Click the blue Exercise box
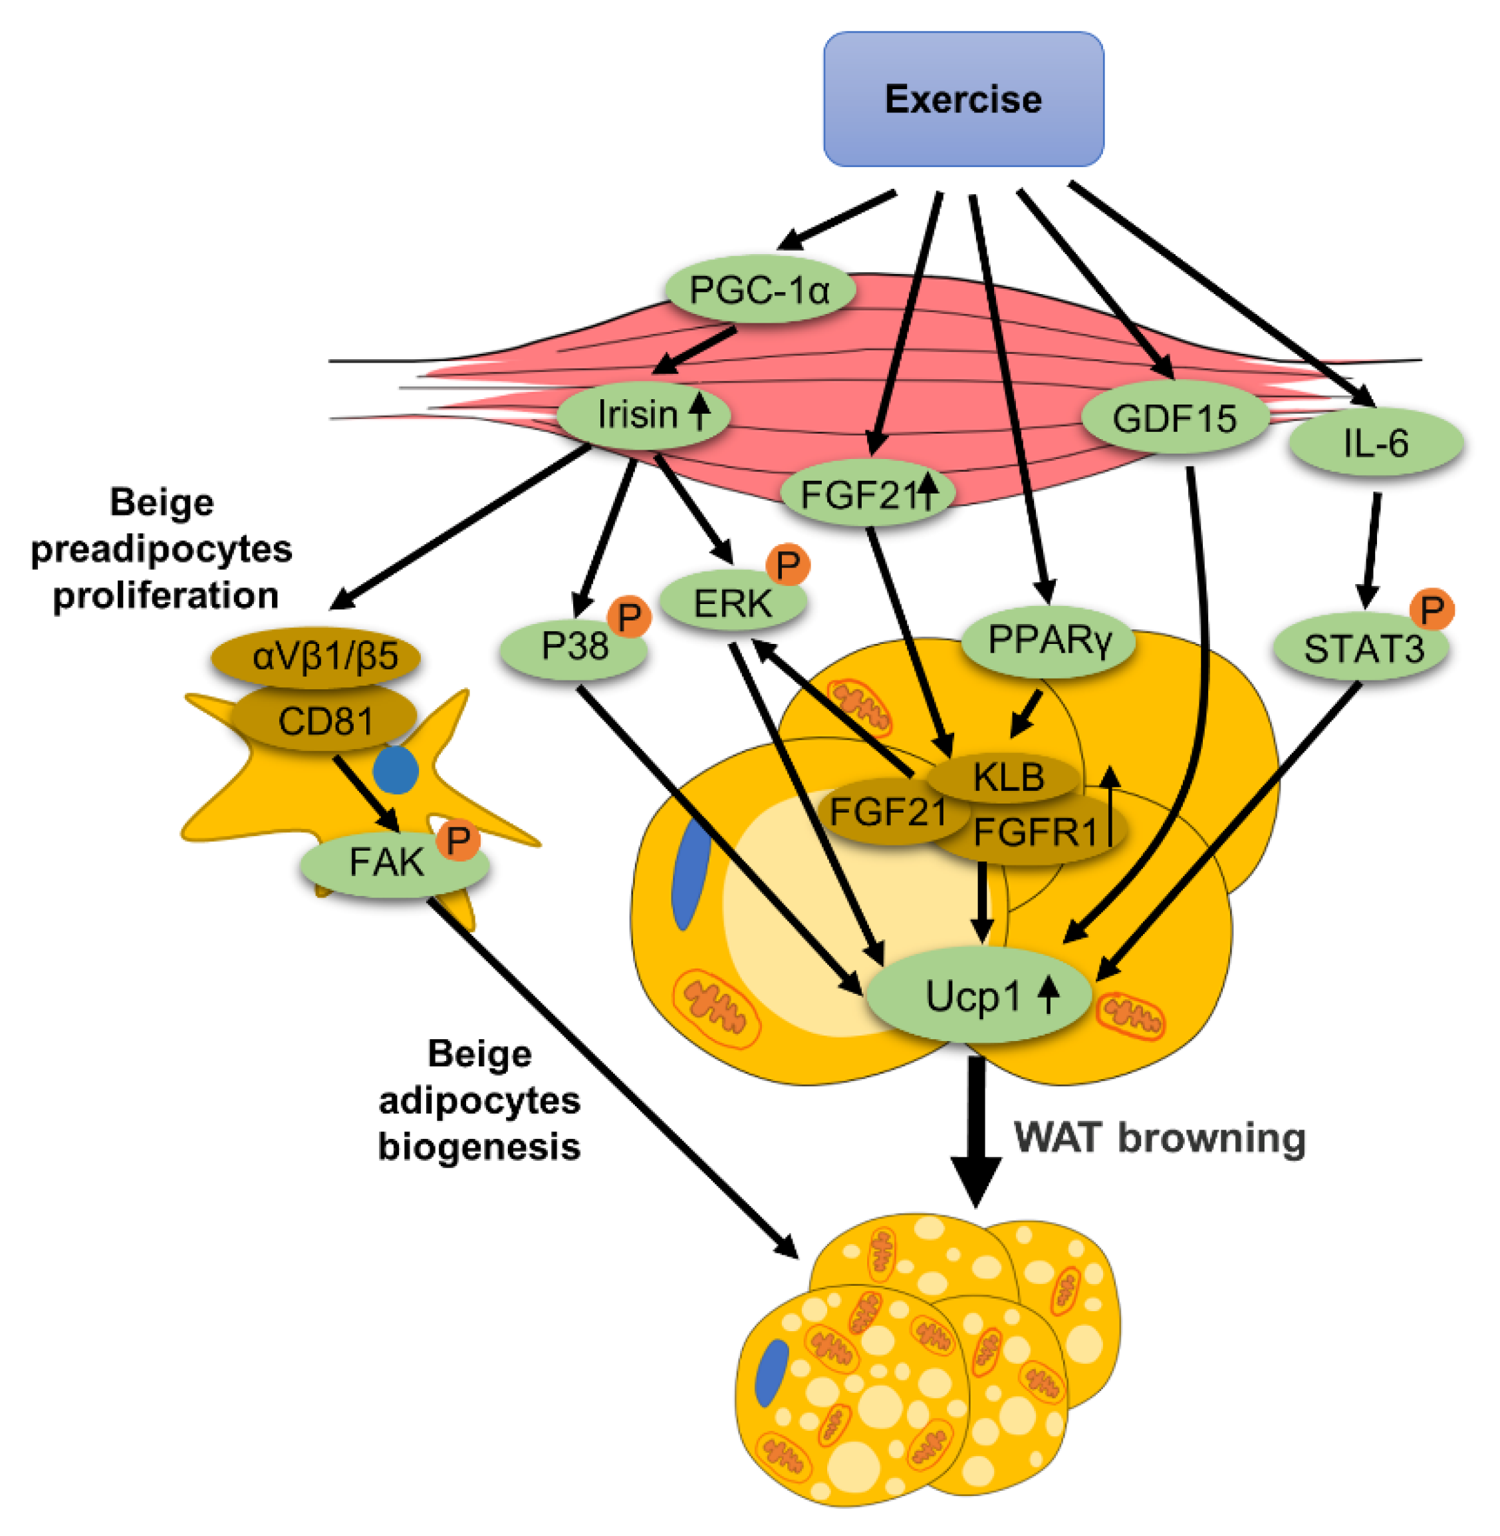click(x=963, y=99)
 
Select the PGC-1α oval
click(x=760, y=289)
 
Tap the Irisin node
click(x=644, y=414)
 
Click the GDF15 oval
click(x=1175, y=418)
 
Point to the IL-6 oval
click(x=1376, y=442)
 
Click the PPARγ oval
click(x=1049, y=641)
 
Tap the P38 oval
click(x=574, y=649)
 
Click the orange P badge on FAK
click(x=457, y=841)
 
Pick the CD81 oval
click(x=324, y=718)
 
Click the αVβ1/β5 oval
click(x=316, y=656)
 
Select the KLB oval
click(x=1003, y=778)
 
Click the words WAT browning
click(x=1160, y=1138)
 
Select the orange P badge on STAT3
click(x=1432, y=609)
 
